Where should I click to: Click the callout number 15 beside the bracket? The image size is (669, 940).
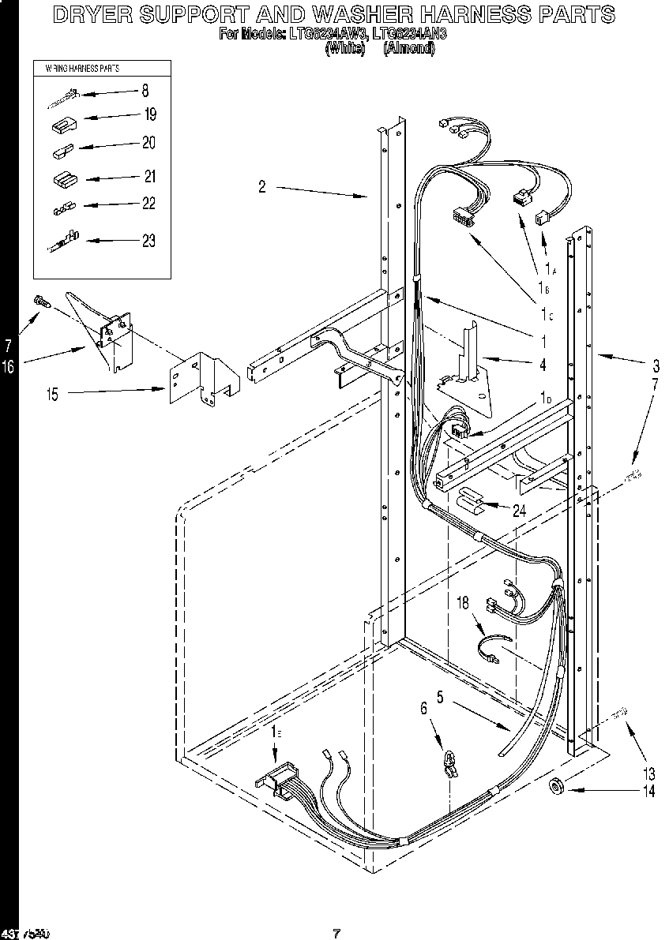[x=52, y=395]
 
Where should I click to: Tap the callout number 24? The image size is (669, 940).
[x=519, y=511]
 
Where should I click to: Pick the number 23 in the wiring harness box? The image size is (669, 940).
[x=148, y=241]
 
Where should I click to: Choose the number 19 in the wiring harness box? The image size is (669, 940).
[x=149, y=114]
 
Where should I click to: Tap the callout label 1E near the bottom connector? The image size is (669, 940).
[x=274, y=733]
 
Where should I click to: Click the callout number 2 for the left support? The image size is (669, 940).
[x=261, y=186]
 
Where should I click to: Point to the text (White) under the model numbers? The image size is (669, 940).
[x=345, y=48]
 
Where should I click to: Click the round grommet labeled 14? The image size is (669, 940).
[x=555, y=786]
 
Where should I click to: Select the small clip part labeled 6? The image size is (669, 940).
[x=449, y=762]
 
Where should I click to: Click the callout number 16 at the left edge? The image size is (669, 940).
[x=8, y=367]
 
